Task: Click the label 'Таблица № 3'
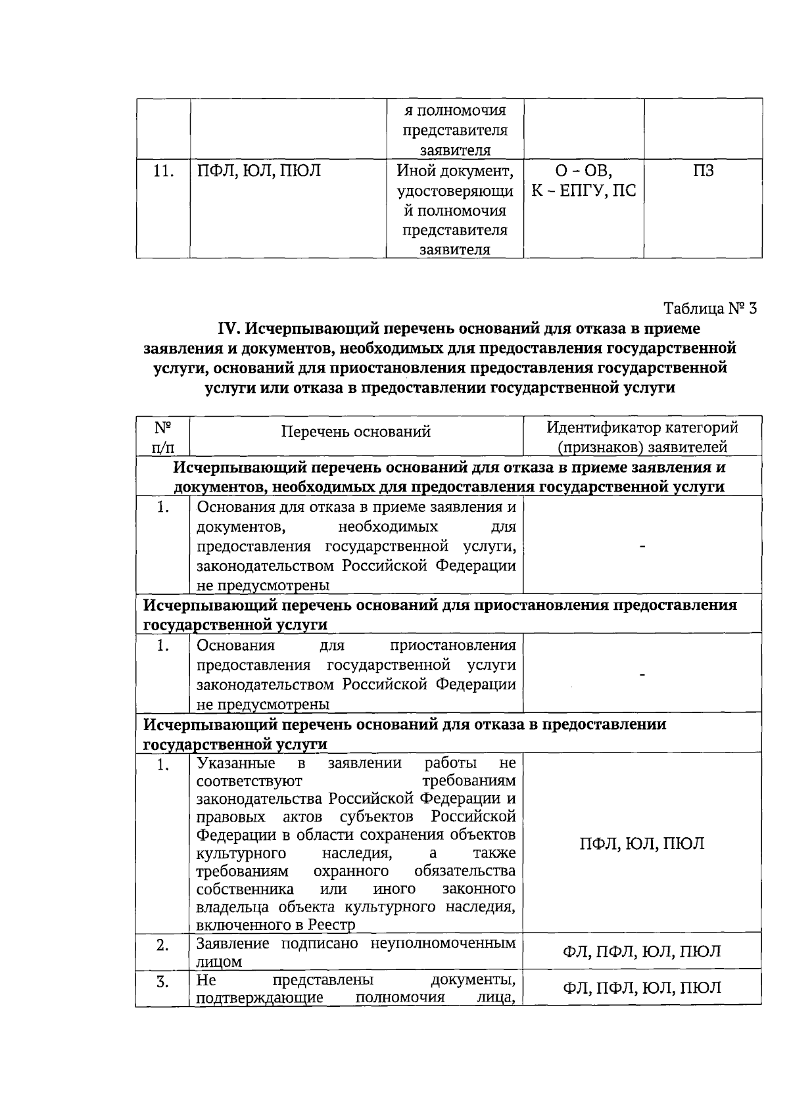point(710,308)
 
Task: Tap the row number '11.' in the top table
point(162,172)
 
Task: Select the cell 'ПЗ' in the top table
point(703,172)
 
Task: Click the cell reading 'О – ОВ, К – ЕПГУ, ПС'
point(584,181)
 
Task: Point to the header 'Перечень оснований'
point(356,432)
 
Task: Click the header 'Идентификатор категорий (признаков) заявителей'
point(642,437)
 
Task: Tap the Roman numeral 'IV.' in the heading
point(231,329)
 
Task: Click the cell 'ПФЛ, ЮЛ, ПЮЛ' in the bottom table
point(642,844)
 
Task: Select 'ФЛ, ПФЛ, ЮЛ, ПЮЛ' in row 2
point(642,951)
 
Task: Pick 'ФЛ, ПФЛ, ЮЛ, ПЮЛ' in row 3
point(642,988)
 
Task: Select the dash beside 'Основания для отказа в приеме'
point(643,545)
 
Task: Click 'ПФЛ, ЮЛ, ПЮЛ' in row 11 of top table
point(259,172)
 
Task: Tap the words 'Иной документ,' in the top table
point(454,172)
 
